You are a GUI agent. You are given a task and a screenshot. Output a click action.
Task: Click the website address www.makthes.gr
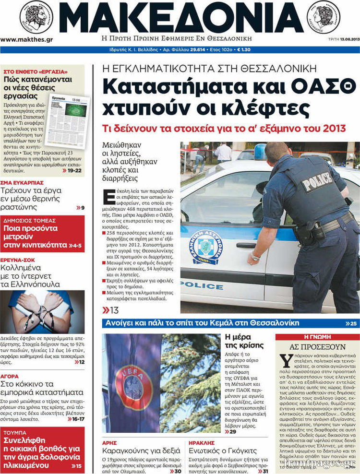click(26, 39)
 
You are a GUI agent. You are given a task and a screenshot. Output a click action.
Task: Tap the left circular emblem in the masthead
click(36, 17)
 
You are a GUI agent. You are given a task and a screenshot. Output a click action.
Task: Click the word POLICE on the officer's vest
click(317, 181)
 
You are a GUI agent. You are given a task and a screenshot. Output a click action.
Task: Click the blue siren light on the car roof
click(260, 152)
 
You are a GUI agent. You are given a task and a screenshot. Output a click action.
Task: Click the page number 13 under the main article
click(114, 310)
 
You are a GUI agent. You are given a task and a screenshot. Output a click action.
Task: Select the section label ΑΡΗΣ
click(110, 442)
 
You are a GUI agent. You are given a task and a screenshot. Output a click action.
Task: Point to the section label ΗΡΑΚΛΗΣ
click(202, 442)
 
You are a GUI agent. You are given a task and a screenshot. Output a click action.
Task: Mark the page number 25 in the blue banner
click(353, 324)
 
